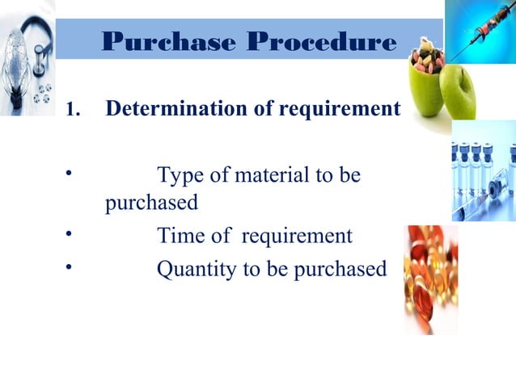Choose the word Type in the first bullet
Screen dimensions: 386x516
point(180,174)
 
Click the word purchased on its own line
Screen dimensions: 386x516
point(151,203)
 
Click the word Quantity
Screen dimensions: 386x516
point(197,269)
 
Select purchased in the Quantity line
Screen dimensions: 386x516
point(339,269)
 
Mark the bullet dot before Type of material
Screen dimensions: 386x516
point(70,172)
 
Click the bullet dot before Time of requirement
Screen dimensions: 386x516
point(70,233)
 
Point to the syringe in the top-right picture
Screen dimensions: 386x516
point(482,32)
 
